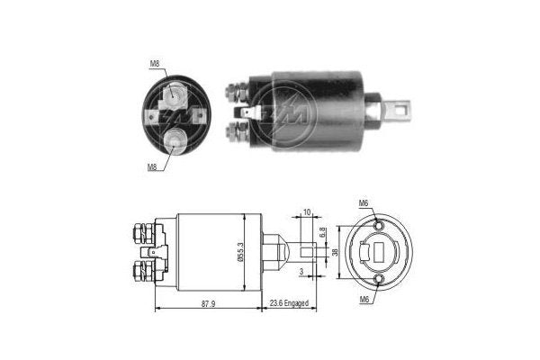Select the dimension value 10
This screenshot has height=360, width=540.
point(306,212)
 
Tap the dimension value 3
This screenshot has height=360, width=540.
point(301,270)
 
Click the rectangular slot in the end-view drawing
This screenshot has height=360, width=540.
point(380,253)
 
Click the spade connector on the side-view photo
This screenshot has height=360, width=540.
point(249,113)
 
